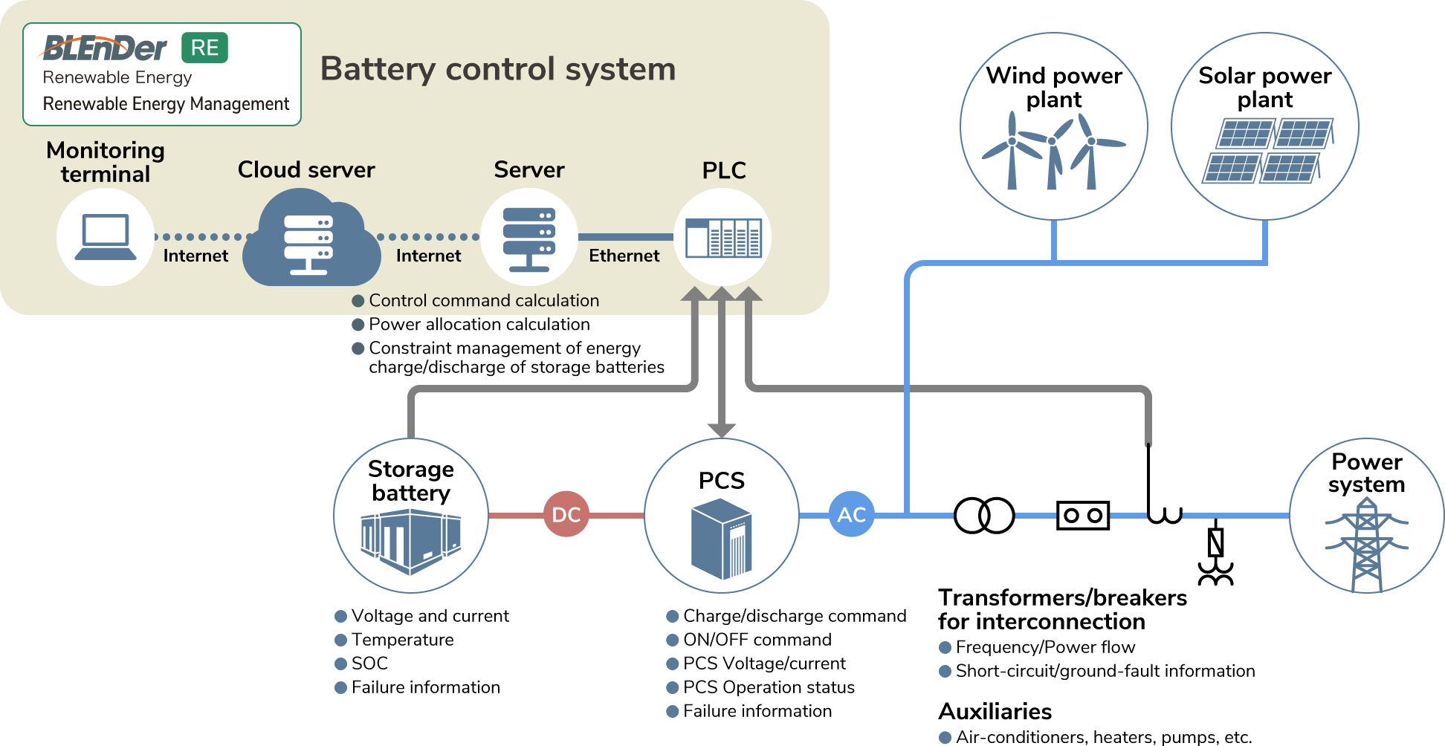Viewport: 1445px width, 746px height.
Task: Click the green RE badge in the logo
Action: (204, 48)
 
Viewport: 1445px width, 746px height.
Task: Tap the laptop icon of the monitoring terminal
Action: (106, 237)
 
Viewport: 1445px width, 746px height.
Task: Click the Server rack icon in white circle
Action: (528, 239)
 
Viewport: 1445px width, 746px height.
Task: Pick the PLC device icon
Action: (723, 238)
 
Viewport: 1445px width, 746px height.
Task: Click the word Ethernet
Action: (624, 256)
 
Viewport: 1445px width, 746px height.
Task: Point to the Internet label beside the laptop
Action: (195, 256)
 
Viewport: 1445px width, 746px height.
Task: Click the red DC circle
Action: (566, 514)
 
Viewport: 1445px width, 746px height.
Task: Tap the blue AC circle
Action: (851, 514)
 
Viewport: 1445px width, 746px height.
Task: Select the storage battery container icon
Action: (410, 542)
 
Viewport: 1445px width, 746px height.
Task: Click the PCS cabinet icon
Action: (721, 539)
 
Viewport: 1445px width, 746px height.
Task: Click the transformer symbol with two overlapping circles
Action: (983, 515)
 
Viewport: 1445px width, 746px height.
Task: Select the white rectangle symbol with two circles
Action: (1082, 515)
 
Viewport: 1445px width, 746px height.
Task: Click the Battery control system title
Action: (497, 69)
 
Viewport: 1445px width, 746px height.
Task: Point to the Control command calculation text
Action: (483, 300)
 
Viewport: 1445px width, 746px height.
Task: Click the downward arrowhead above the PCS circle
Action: (721, 429)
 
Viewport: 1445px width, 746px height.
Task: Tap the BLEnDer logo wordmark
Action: (105, 49)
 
